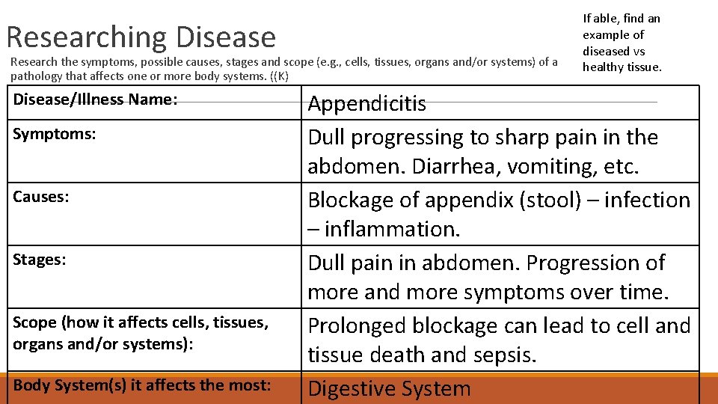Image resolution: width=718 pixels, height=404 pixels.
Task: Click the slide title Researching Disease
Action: click(141, 37)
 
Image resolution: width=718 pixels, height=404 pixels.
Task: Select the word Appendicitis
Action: click(366, 103)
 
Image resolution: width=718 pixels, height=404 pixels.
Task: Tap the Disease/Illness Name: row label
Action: click(95, 99)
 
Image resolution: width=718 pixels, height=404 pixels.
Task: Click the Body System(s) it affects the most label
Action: click(141, 386)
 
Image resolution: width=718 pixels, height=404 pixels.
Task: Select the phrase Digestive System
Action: click(389, 389)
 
